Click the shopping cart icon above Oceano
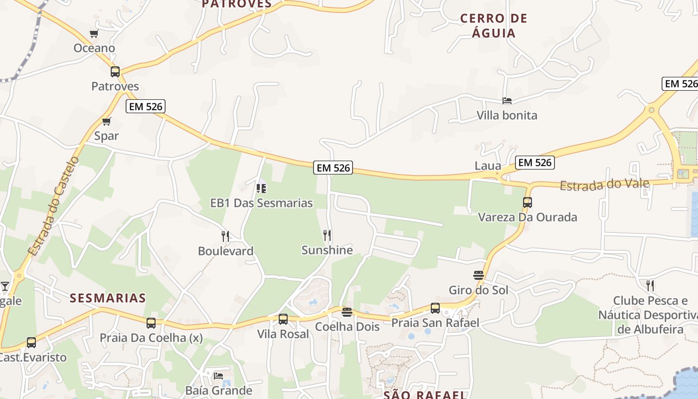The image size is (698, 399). click(94, 34)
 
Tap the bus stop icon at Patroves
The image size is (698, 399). click(115, 72)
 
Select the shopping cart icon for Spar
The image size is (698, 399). click(106, 122)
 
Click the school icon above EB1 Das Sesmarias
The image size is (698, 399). click(261, 189)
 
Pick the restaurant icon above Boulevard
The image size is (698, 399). click(225, 236)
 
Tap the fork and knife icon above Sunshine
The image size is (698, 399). click(327, 235)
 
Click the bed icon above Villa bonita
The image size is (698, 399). click(507, 101)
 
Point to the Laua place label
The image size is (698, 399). click(488, 166)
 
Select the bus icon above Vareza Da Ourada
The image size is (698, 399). click(527, 202)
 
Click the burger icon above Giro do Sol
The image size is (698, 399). click(479, 275)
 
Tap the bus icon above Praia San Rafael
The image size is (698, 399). click(435, 308)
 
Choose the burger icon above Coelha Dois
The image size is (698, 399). click(347, 312)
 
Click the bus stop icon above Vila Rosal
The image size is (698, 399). click(283, 319)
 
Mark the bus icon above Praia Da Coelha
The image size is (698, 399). click(151, 323)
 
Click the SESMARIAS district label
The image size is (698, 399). click(108, 298)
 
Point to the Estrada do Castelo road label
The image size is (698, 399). click(53, 206)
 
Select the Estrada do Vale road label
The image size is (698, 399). click(604, 185)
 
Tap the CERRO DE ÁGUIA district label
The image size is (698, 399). click(493, 26)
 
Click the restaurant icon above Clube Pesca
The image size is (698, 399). click(650, 286)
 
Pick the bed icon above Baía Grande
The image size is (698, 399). click(218, 376)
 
